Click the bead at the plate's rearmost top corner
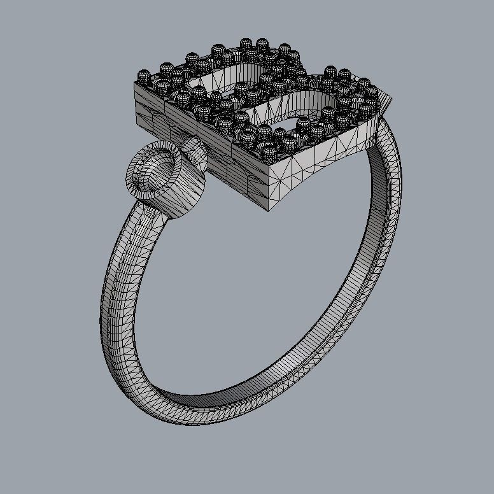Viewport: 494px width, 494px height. [246, 44]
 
